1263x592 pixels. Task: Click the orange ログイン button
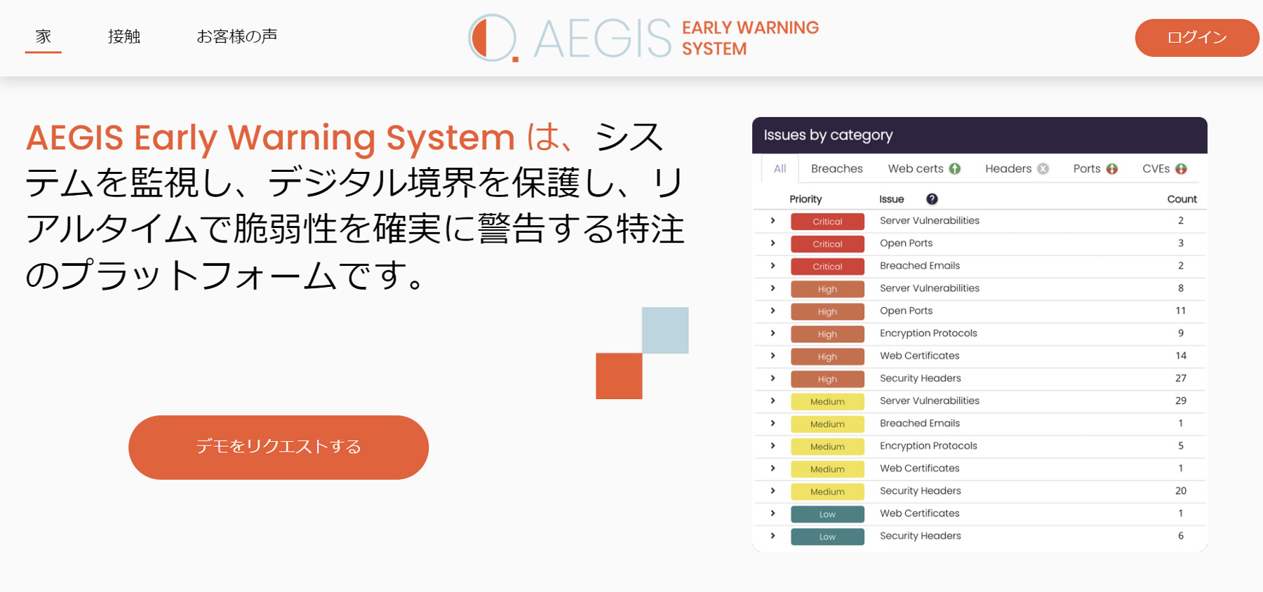pyautogui.click(x=1197, y=38)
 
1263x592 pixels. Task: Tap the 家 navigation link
pyautogui.click(x=44, y=36)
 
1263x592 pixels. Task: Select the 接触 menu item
pyautogui.click(x=124, y=36)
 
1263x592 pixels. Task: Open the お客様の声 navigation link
pyautogui.click(x=236, y=36)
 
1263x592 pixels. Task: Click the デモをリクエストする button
pyautogui.click(x=279, y=448)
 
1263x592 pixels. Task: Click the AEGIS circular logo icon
pyautogui.click(x=493, y=38)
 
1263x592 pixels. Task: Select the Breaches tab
pyautogui.click(x=836, y=168)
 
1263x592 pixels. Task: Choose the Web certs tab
pyautogui.click(x=924, y=168)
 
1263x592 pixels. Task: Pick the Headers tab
pyautogui.click(x=1017, y=168)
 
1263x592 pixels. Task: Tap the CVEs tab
pyautogui.click(x=1164, y=168)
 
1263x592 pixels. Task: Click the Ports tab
pyautogui.click(x=1095, y=168)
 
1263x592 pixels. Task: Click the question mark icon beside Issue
pyautogui.click(x=932, y=199)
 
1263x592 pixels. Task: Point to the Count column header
pyautogui.click(x=1182, y=199)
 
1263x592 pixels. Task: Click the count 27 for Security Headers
pyautogui.click(x=1181, y=378)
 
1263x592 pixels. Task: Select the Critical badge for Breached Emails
pyautogui.click(x=827, y=267)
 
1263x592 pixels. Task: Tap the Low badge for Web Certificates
pyautogui.click(x=827, y=514)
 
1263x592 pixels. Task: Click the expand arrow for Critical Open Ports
pyautogui.click(x=773, y=243)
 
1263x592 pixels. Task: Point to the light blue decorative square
pyautogui.click(x=665, y=330)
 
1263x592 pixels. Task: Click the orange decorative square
pyautogui.click(x=619, y=376)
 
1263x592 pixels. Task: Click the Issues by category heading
pyautogui.click(x=828, y=135)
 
